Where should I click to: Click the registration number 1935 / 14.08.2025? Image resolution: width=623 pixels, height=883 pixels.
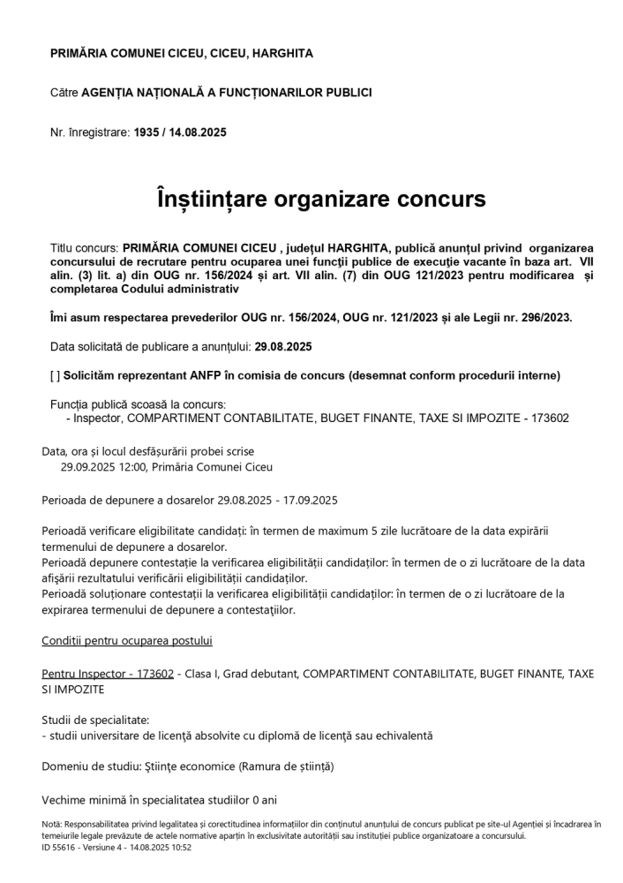click(180, 132)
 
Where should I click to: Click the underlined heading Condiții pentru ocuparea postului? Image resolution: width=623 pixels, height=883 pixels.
click(127, 640)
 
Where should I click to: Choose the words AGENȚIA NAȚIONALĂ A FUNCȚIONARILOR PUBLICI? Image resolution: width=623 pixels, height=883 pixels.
click(227, 92)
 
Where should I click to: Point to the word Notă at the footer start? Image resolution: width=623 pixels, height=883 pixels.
click(52, 824)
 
